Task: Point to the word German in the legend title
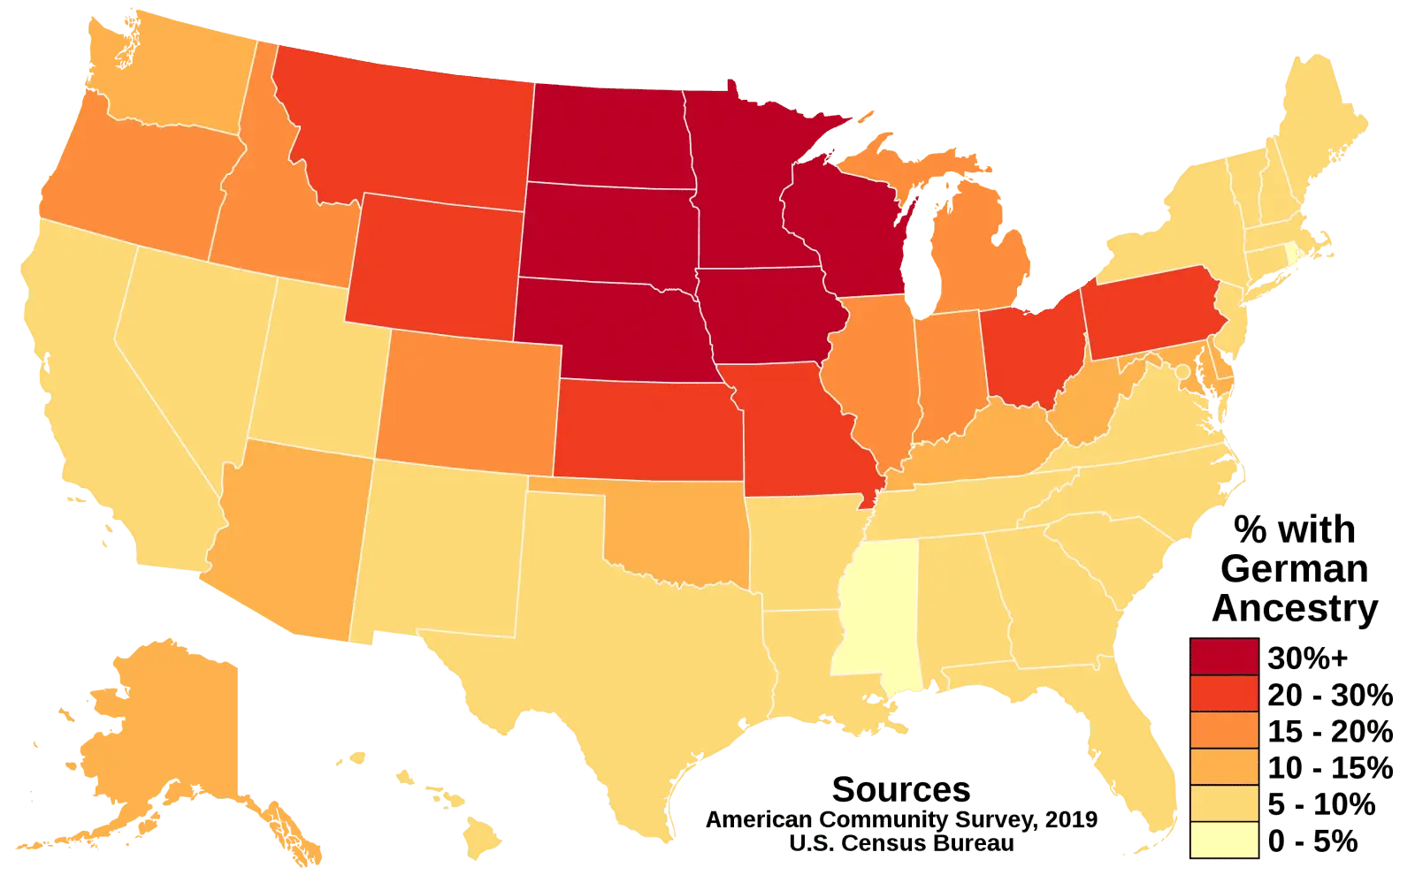1292,572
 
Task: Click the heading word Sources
900,787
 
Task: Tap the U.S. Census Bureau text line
900,845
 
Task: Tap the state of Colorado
469,402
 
